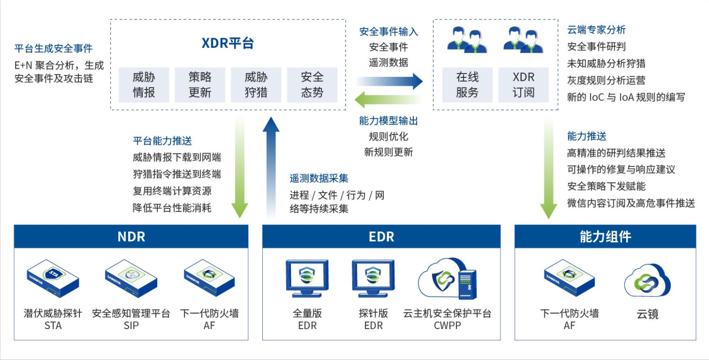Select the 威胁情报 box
144,85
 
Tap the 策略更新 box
200,85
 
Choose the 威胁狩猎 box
256,85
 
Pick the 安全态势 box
312,85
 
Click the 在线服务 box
467,85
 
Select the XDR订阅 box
523,85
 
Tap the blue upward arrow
271,165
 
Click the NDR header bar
131,237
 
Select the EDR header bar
381,237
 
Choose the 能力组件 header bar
605,237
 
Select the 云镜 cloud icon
647,281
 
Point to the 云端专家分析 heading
596,30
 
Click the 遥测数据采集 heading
319,179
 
